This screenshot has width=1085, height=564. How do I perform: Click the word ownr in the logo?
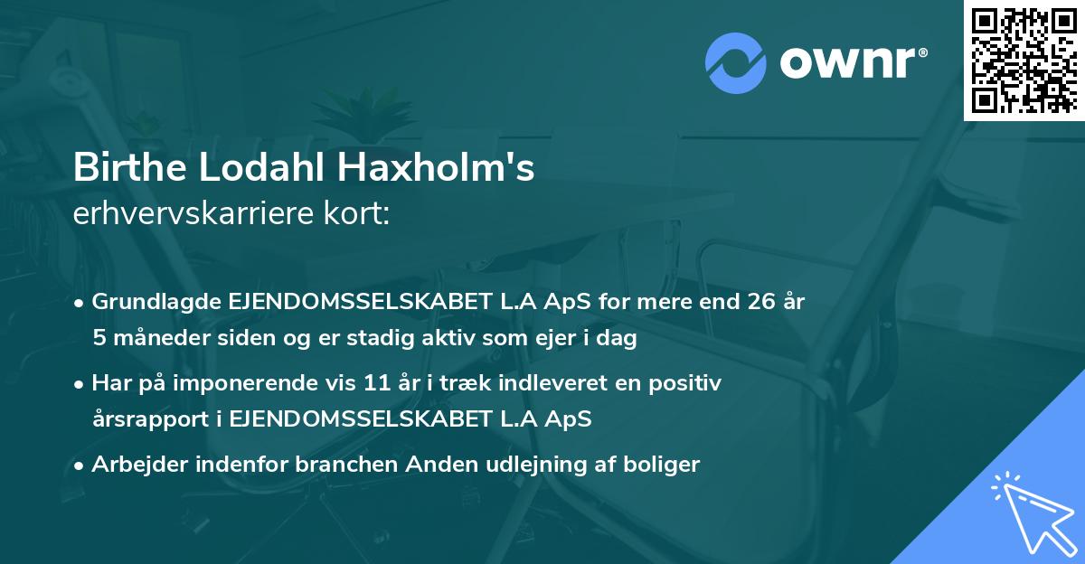(850, 61)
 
